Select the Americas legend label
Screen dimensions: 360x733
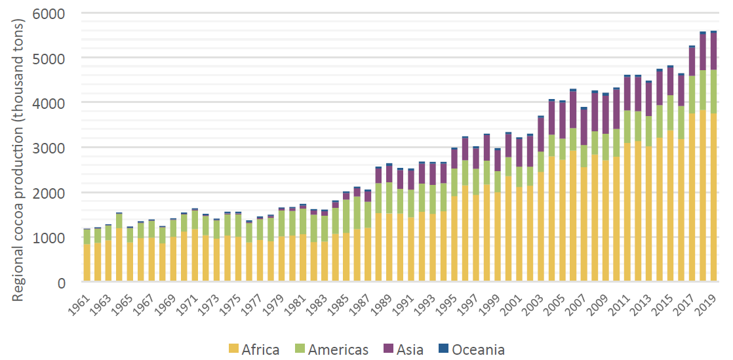click(338, 350)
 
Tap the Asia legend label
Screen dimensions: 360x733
click(410, 350)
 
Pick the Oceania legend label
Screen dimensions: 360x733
click(478, 350)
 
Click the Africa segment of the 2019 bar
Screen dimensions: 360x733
click(713, 197)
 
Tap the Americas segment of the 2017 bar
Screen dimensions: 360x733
click(692, 94)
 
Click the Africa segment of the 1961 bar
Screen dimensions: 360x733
click(87, 262)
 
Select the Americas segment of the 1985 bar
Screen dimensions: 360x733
click(346, 216)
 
